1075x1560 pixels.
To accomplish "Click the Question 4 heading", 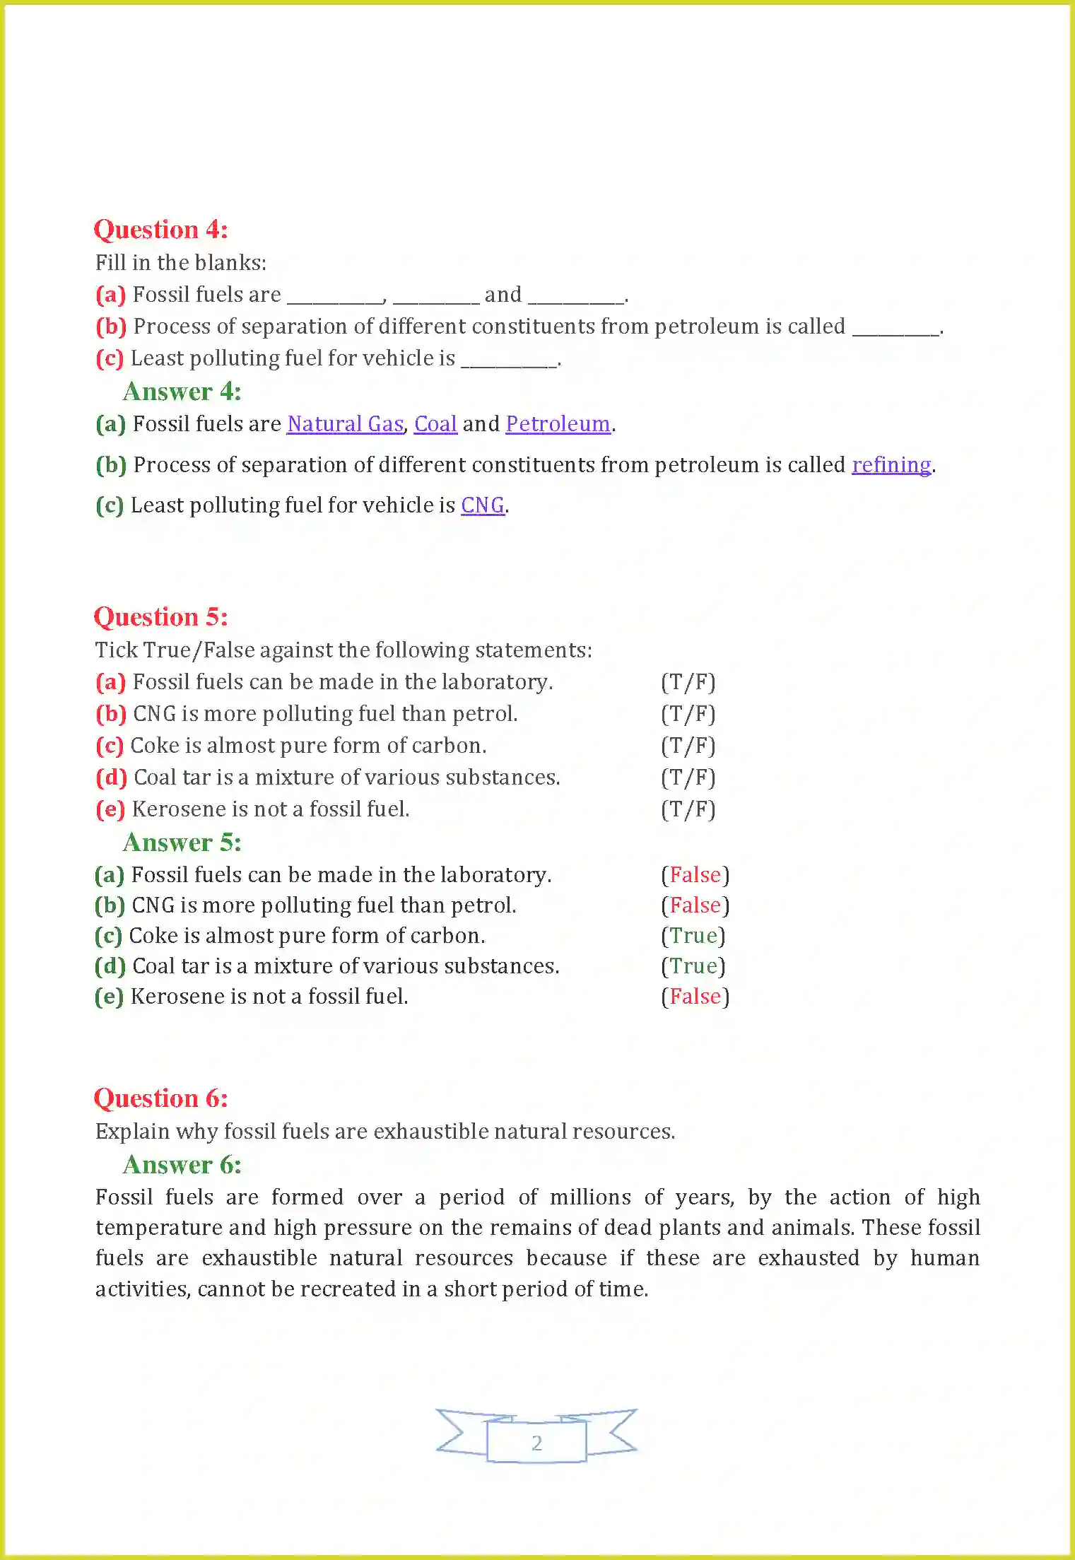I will (160, 230).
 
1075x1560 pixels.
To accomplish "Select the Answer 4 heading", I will (182, 392).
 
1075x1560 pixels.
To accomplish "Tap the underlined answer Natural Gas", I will (345, 424).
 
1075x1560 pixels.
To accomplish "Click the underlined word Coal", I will (435, 424).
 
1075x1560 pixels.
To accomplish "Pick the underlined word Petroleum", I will (558, 424).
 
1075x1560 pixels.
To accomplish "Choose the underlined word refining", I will (891, 465).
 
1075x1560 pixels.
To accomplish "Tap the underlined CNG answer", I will (483, 505).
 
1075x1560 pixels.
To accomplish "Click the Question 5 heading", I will (160, 617).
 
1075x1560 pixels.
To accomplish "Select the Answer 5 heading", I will (182, 843).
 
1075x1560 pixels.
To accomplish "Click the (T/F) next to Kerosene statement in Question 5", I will (688, 809).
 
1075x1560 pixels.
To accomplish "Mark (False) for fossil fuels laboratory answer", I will (695, 875).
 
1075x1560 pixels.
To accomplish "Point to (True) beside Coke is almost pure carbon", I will (693, 936).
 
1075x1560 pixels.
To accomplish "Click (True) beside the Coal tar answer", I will (693, 966).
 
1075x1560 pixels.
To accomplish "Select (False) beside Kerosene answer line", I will (695, 997).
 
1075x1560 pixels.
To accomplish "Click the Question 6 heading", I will (160, 1098).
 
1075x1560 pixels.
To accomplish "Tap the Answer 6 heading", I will (182, 1165).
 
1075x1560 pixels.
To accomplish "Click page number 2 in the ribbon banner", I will (536, 1443).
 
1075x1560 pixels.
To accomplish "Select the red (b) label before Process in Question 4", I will (111, 327).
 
